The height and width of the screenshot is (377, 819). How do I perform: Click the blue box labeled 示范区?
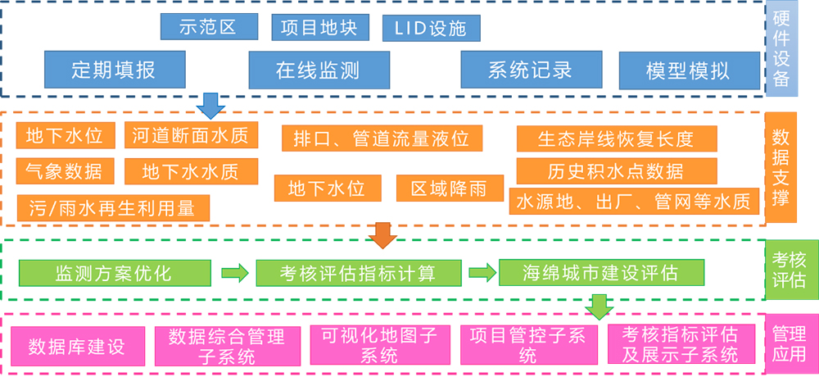[209, 27]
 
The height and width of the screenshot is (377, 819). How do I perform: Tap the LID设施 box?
[431, 28]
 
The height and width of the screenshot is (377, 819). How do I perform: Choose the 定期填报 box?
[113, 70]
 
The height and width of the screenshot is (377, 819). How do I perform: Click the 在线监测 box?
[317, 70]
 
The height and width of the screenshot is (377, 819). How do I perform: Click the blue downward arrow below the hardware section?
[212, 106]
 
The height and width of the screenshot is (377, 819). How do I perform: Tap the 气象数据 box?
[64, 171]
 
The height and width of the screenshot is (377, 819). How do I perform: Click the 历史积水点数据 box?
[616, 171]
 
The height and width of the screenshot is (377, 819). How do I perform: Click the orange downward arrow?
[382, 234]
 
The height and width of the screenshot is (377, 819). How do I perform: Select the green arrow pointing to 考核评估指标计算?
[233, 272]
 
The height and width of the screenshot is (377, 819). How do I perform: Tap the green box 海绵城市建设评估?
[601, 272]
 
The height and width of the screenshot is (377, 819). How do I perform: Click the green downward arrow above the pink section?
[600, 306]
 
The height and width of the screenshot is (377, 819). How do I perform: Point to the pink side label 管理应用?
[789, 344]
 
